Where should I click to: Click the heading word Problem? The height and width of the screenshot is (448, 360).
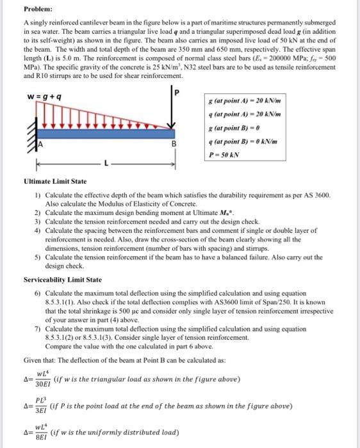(38, 10)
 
